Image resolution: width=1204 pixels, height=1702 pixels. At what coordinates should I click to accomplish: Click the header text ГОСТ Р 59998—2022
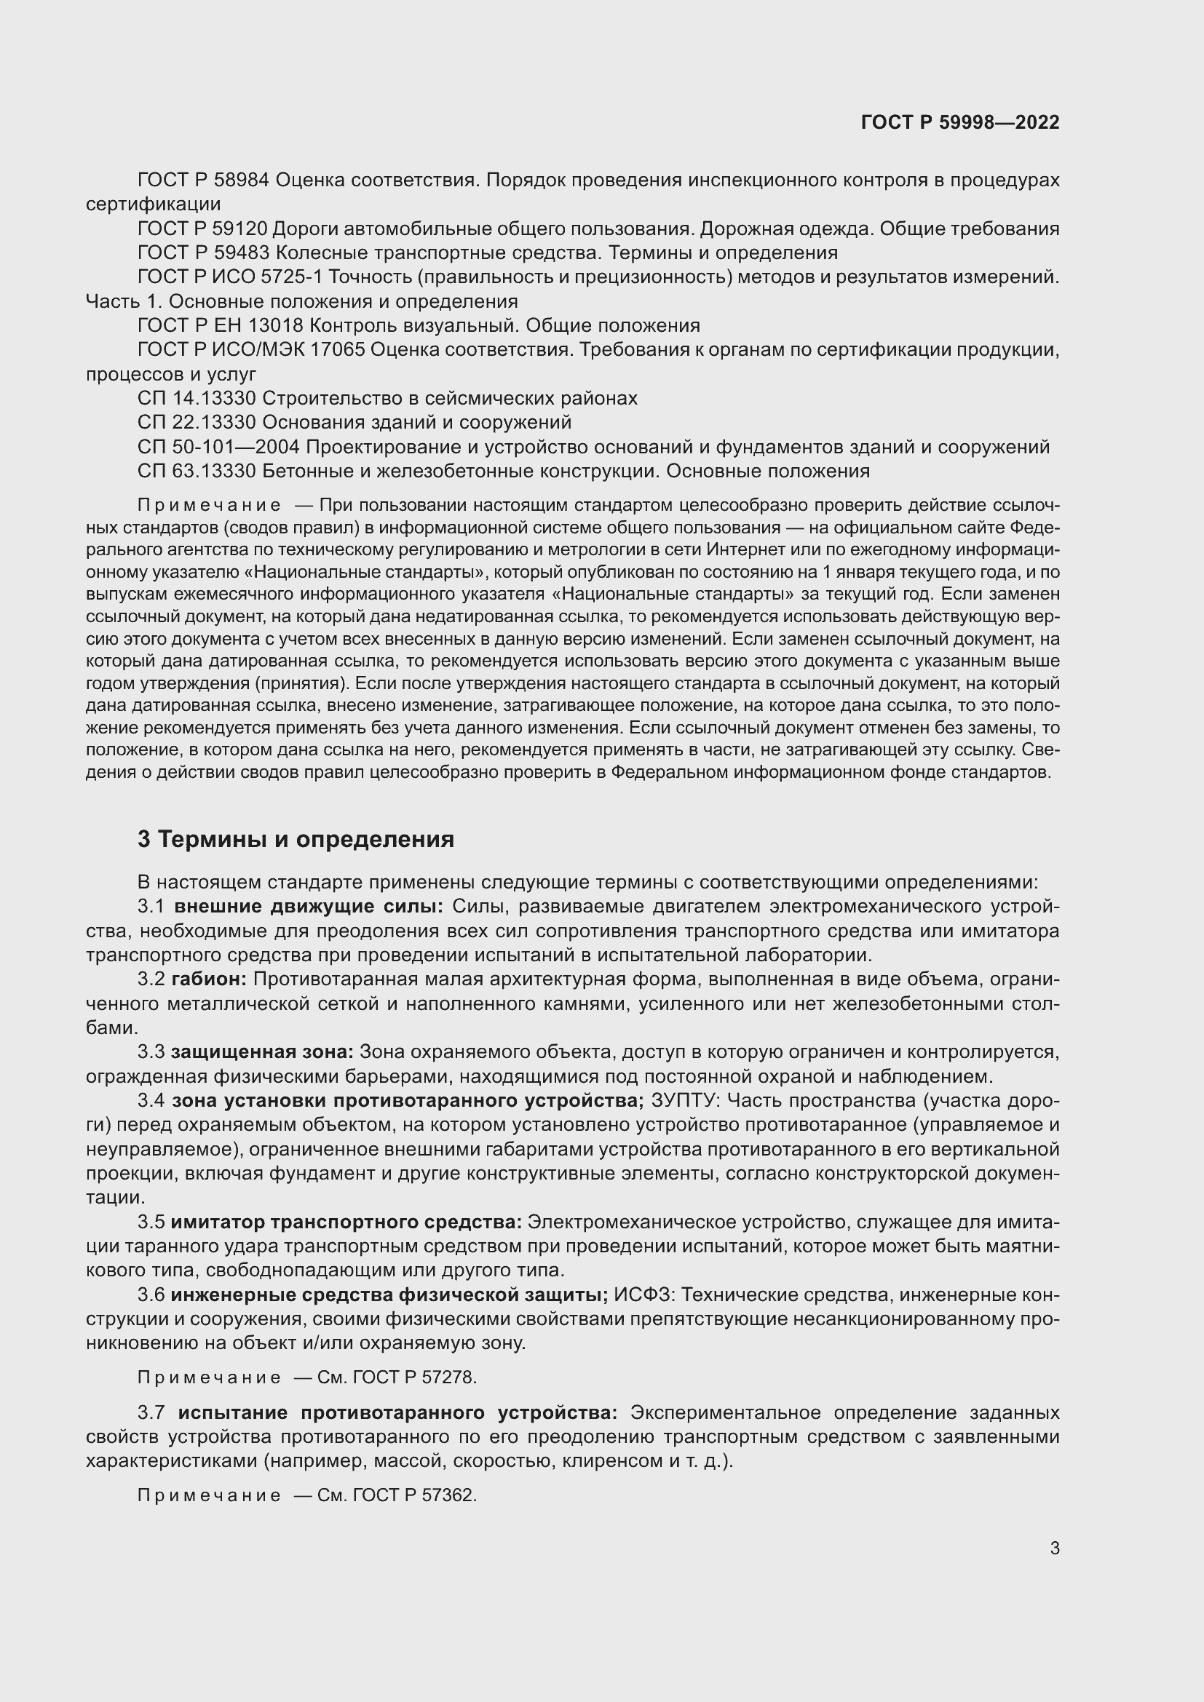coord(960,122)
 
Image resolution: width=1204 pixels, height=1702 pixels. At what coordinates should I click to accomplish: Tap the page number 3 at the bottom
coord(1054,1548)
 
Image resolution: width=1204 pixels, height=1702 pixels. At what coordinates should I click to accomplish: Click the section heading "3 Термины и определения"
coord(296,839)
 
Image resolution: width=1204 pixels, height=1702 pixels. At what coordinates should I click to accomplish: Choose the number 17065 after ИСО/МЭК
coord(336,350)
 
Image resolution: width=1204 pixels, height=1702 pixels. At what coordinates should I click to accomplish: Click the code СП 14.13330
coord(197,398)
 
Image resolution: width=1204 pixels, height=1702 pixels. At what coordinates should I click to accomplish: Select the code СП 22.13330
coord(197,423)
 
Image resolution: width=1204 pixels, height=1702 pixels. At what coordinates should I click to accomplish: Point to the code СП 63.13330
coord(197,471)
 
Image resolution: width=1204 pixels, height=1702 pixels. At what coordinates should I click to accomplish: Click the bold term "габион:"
coord(209,979)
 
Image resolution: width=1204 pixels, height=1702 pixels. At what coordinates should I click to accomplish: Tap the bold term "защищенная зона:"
coord(263,1052)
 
